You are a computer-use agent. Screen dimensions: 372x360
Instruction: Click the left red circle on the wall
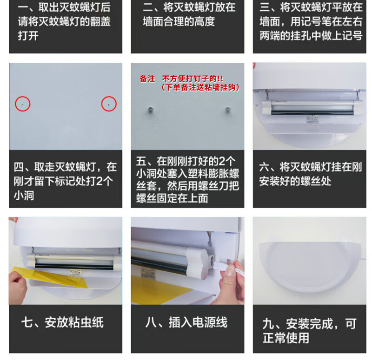tap(15, 104)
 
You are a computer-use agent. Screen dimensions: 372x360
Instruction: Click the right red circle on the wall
tap(101, 104)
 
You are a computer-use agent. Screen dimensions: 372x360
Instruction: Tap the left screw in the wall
tap(151, 110)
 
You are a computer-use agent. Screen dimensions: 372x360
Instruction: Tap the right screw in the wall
tap(228, 110)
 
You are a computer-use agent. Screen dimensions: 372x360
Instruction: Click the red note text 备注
tap(147, 79)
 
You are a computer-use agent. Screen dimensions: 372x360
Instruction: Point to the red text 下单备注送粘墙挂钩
tap(200, 87)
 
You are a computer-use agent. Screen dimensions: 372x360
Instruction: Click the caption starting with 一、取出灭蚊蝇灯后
tap(64, 21)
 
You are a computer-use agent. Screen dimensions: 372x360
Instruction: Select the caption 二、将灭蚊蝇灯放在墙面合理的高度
tap(189, 14)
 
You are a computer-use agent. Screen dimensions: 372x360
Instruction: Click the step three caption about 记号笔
tap(311, 21)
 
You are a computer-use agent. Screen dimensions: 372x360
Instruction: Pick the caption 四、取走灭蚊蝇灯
tap(65, 181)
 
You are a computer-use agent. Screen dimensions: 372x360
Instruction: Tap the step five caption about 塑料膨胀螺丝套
tap(187, 180)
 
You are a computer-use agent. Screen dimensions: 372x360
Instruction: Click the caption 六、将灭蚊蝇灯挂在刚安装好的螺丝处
tap(310, 174)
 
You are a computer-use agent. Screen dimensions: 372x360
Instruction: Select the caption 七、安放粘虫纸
tap(62, 322)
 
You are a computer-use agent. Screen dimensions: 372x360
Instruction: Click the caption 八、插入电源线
tap(186, 322)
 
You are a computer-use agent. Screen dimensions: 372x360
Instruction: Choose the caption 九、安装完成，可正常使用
tap(309, 331)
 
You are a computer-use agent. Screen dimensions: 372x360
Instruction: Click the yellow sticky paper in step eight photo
tap(161, 289)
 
